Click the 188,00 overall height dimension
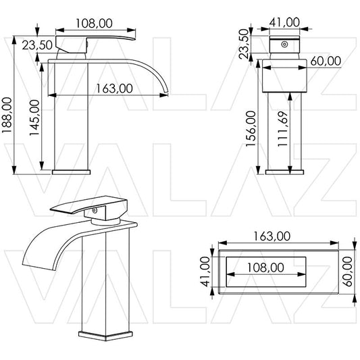7,115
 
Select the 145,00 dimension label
34,118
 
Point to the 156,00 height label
251,128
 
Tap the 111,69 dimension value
282,128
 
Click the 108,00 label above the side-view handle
94,24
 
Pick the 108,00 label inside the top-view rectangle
265,267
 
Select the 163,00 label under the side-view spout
114,88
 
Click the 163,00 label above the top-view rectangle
272,236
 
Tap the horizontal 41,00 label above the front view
284,22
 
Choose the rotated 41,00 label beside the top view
205,272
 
